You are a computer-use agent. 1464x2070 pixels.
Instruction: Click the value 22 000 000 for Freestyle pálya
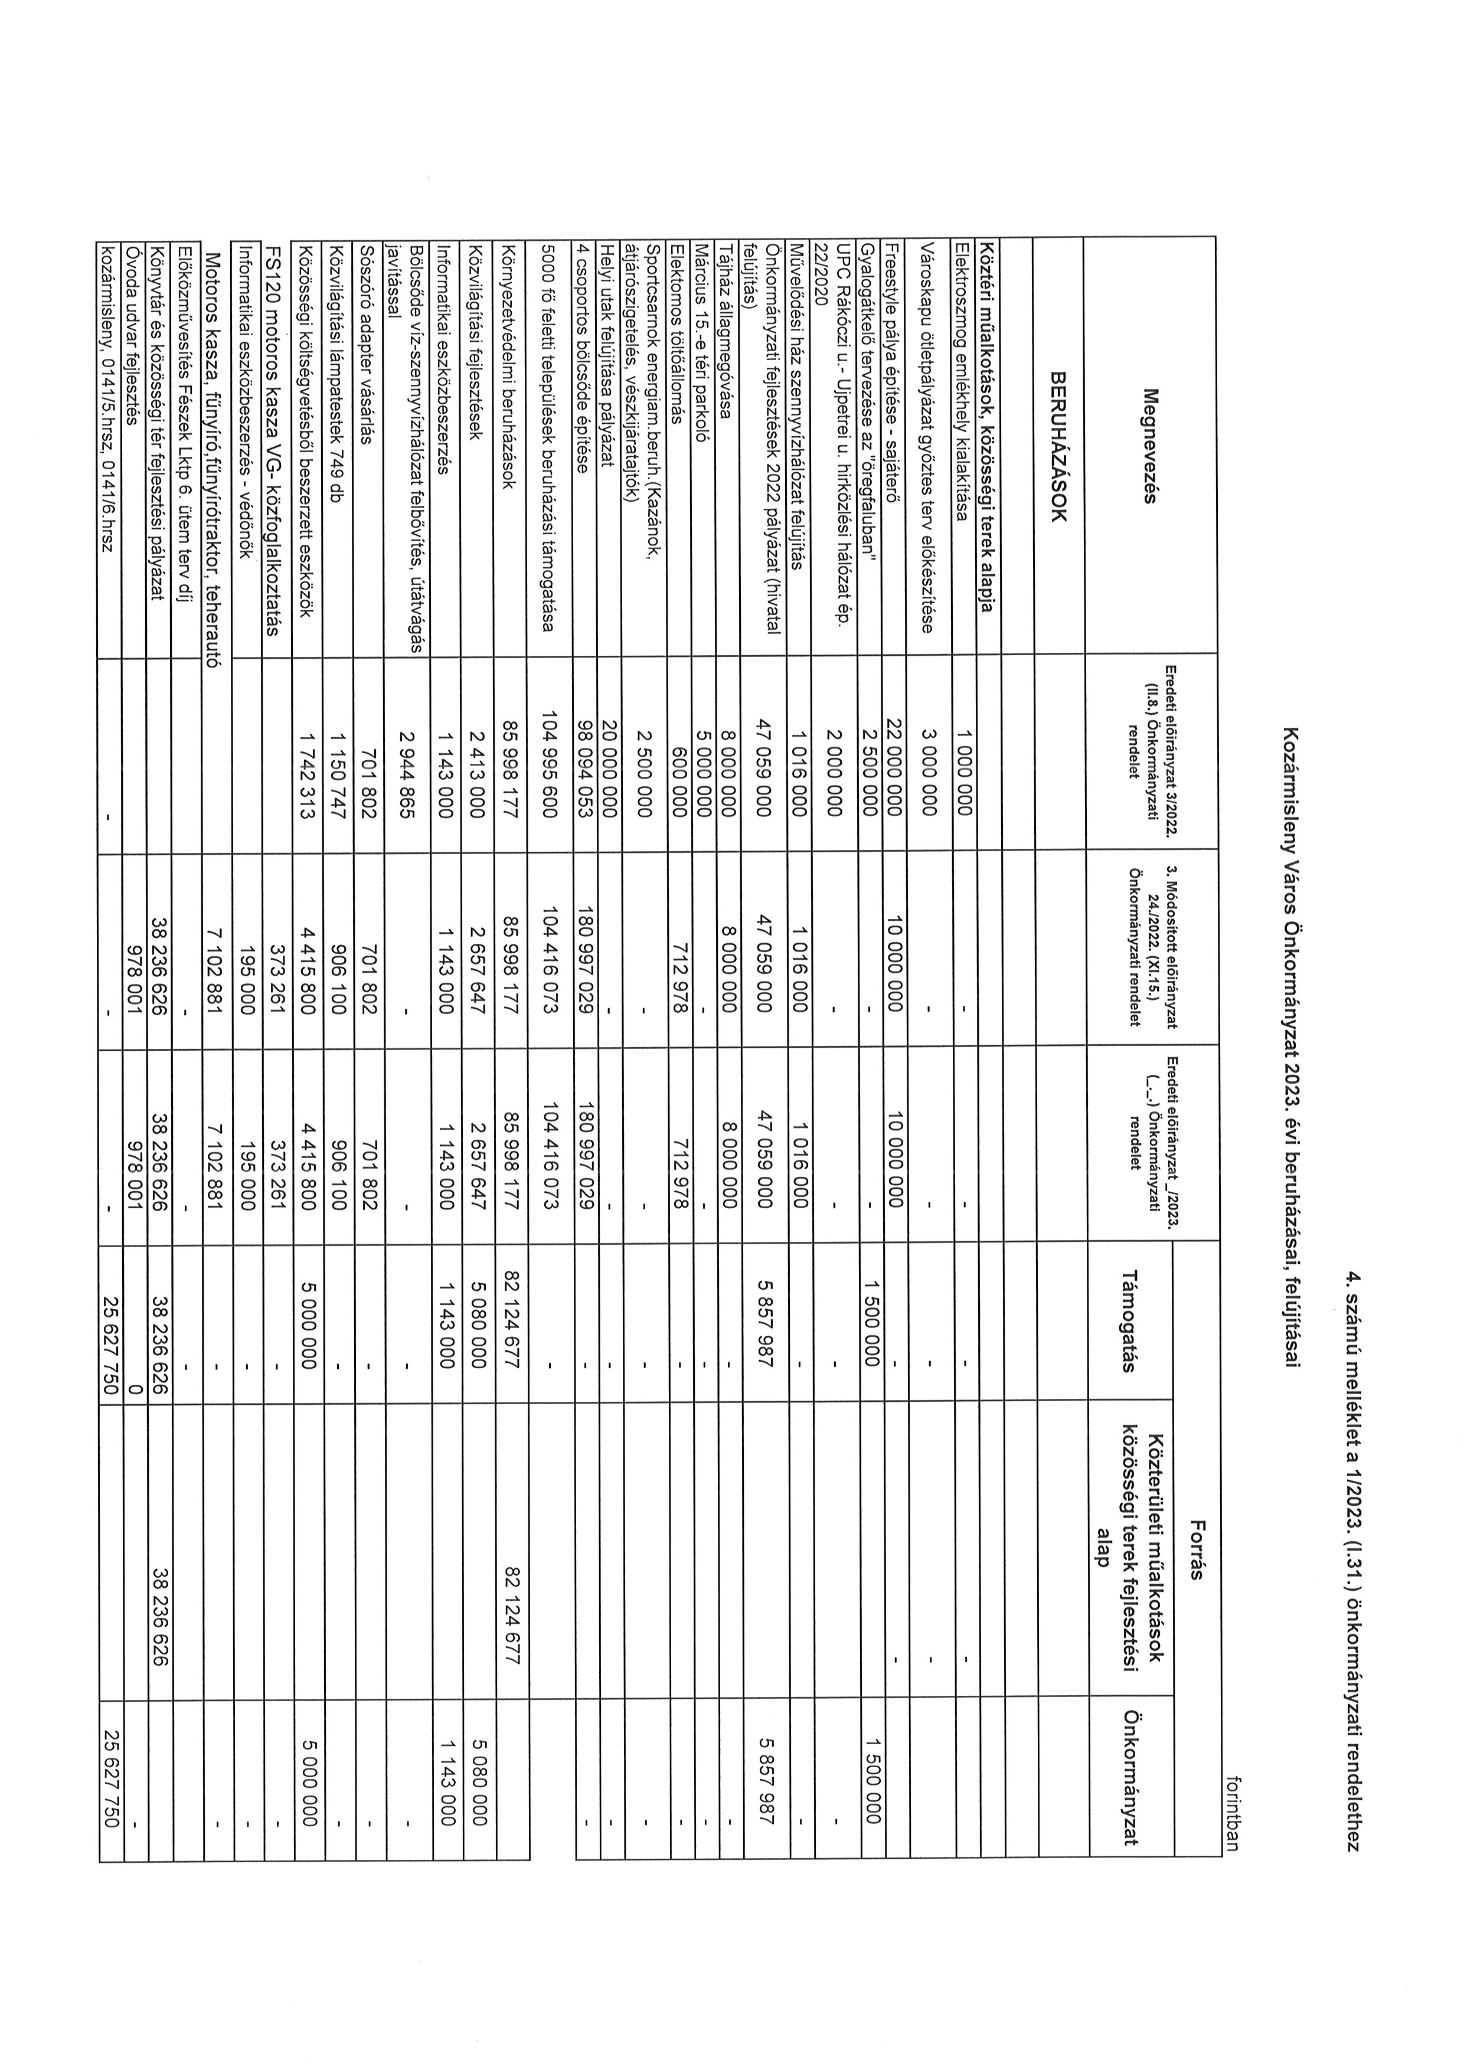tap(893, 759)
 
